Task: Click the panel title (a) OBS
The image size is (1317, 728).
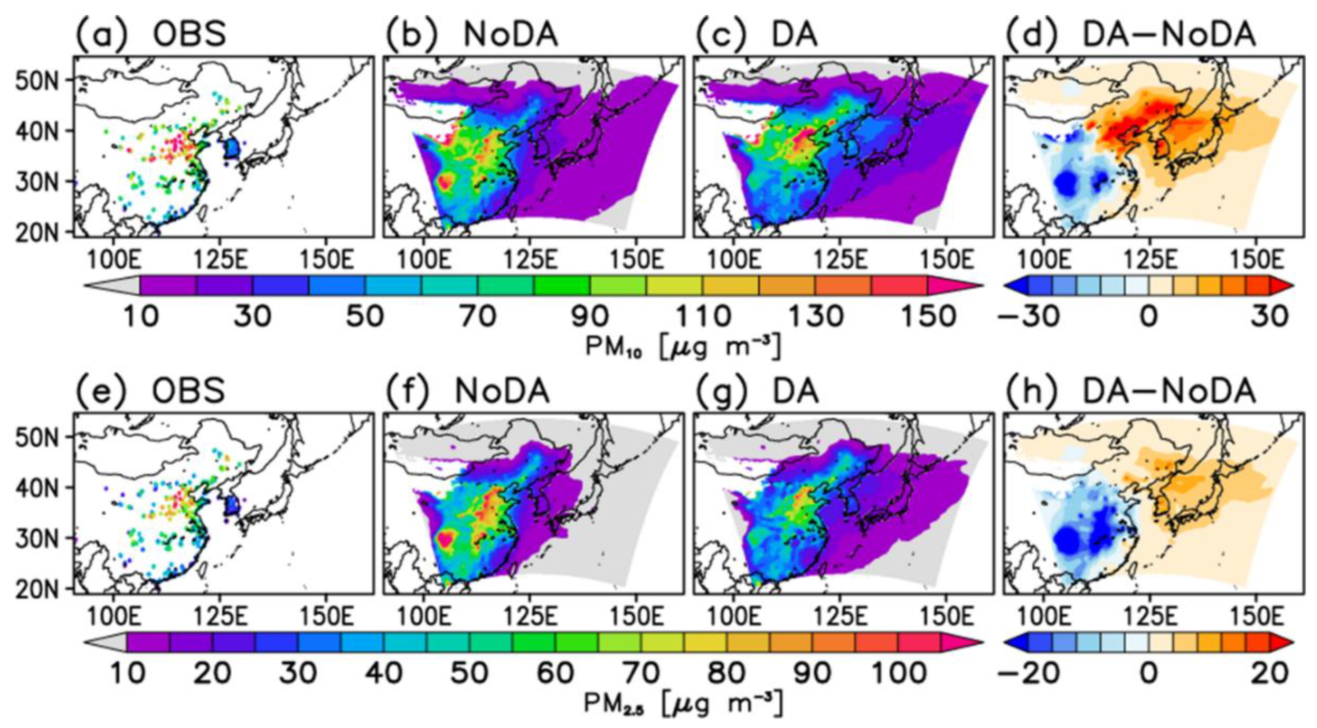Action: [x=151, y=35]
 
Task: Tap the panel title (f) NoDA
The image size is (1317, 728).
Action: [x=468, y=391]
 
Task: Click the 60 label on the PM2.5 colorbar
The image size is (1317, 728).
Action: [x=555, y=673]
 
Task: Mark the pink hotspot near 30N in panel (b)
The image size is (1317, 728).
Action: [x=445, y=181]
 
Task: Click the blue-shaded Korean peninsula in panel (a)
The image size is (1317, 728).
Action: [x=233, y=149]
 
